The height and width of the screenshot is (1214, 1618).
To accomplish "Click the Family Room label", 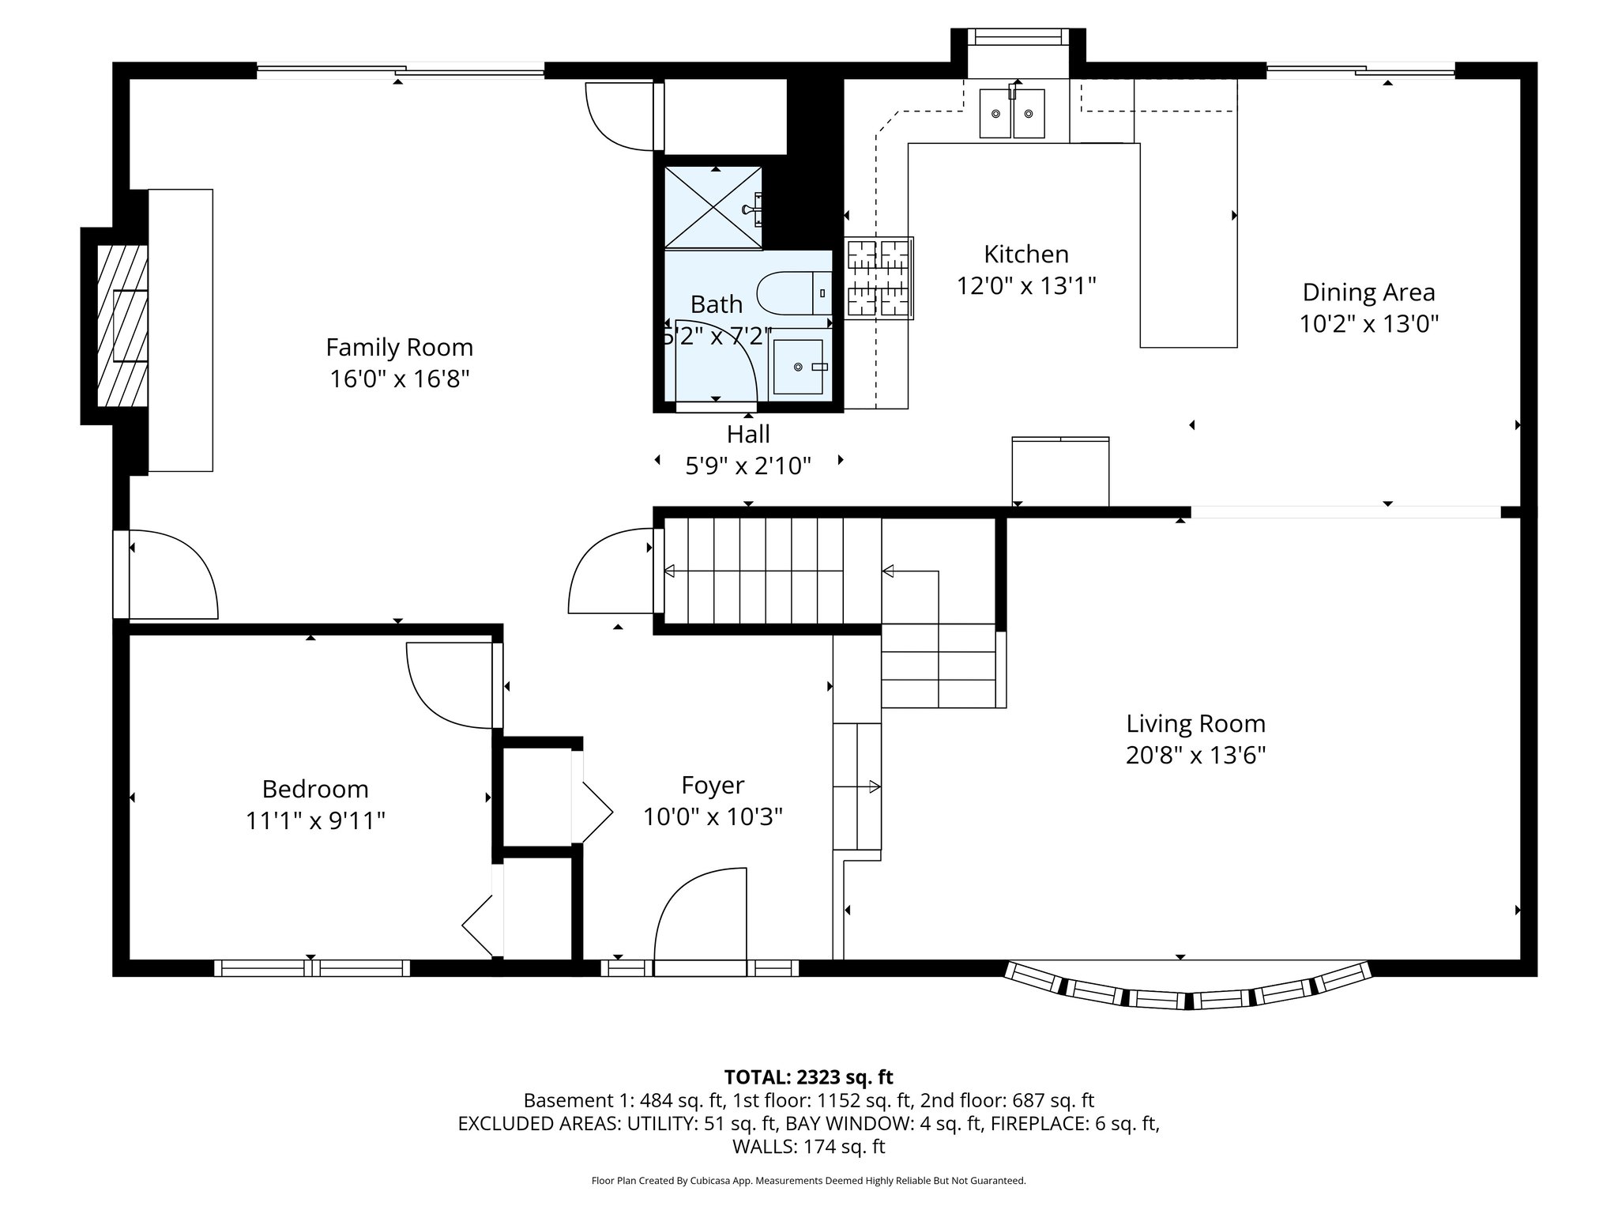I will [399, 347].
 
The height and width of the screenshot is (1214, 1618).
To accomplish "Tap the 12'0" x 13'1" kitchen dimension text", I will [1025, 285].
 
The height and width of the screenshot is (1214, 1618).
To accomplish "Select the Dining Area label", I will [1368, 292].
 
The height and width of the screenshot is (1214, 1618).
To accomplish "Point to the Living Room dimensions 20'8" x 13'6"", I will [1195, 756].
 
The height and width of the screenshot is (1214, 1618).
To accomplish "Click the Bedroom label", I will [315, 789].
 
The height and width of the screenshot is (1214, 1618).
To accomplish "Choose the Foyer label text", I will [713, 785].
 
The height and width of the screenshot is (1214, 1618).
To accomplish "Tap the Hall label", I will [747, 434].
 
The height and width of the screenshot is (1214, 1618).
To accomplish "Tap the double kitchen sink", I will [1012, 113].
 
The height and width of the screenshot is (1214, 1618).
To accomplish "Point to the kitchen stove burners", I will [879, 278].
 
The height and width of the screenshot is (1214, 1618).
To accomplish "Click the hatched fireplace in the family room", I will [122, 326].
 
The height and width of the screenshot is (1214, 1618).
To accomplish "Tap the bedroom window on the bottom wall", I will [312, 967].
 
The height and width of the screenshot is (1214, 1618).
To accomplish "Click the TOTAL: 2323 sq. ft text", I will [808, 1077].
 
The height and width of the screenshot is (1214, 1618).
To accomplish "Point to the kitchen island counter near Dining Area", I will [1187, 245].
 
